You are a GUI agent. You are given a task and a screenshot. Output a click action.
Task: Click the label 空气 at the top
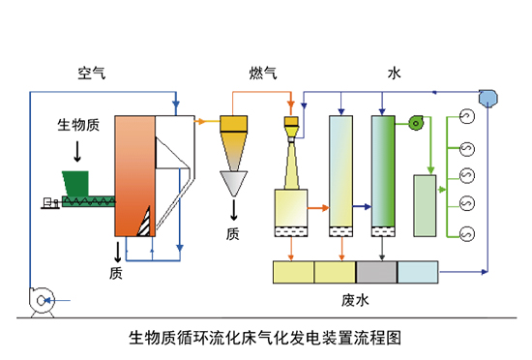click(x=92, y=74)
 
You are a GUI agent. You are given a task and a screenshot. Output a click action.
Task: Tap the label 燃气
click(x=262, y=74)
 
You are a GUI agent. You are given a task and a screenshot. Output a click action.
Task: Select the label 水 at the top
click(x=394, y=74)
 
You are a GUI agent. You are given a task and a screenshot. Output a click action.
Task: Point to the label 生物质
click(x=76, y=127)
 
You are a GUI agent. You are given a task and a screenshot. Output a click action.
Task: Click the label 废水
click(x=356, y=300)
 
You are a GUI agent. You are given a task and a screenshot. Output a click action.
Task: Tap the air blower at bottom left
click(x=42, y=301)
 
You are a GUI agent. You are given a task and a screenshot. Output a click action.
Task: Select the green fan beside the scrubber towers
click(x=418, y=121)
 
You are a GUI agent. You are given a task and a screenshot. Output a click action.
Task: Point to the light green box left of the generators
click(x=425, y=204)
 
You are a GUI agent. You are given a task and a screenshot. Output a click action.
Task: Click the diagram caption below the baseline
click(x=264, y=340)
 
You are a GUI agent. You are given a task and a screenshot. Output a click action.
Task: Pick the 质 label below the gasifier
click(x=116, y=273)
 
